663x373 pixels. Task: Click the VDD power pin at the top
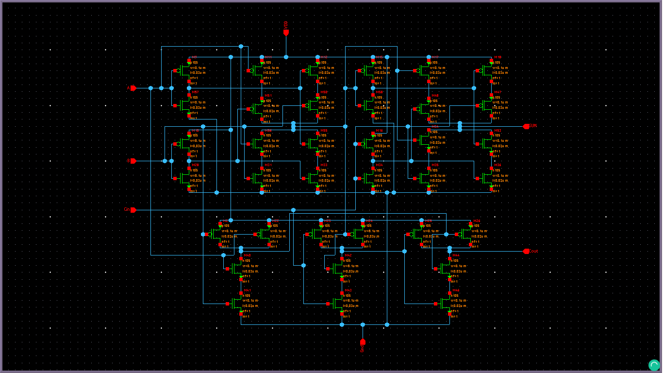[286, 32]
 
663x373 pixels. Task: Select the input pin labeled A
[133, 88]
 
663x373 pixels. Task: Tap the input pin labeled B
[133, 161]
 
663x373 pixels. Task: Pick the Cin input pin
[133, 210]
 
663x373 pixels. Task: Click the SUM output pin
[526, 126]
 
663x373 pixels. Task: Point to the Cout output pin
[526, 251]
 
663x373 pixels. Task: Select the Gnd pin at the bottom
[363, 342]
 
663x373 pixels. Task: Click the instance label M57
[195, 92]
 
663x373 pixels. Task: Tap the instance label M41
[247, 290]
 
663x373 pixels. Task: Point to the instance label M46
[456, 290]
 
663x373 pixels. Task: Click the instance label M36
[497, 165]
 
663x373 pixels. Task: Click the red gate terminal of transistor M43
[328, 304]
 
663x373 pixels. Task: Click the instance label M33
[324, 165]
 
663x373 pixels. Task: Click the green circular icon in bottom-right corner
[654, 365]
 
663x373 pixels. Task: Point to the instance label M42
[348, 255]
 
